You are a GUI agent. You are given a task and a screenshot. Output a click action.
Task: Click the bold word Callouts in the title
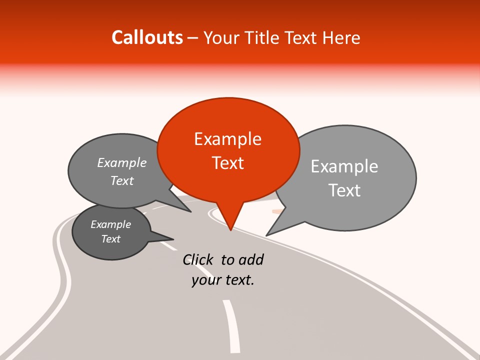click(147, 37)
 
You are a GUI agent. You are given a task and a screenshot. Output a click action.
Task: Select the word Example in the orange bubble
click(227, 138)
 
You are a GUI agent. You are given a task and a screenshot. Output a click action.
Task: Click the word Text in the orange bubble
click(227, 163)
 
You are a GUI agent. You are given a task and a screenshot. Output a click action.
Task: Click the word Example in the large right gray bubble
click(344, 166)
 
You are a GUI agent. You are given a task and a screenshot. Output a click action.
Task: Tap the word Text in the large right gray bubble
click(344, 190)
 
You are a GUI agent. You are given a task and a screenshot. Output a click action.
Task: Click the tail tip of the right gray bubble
click(267, 235)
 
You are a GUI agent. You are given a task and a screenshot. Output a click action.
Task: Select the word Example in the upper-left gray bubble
click(122, 162)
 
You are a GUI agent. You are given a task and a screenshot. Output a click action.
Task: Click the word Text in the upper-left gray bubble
click(122, 180)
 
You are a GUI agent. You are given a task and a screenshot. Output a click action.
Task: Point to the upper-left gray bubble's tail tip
click(190, 211)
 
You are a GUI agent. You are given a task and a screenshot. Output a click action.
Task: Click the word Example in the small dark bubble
click(110, 224)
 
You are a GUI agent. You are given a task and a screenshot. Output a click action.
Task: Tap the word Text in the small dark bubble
click(110, 239)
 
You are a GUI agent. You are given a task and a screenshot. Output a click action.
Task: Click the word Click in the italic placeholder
click(198, 259)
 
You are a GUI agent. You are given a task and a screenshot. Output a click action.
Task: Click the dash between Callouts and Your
click(193, 37)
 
